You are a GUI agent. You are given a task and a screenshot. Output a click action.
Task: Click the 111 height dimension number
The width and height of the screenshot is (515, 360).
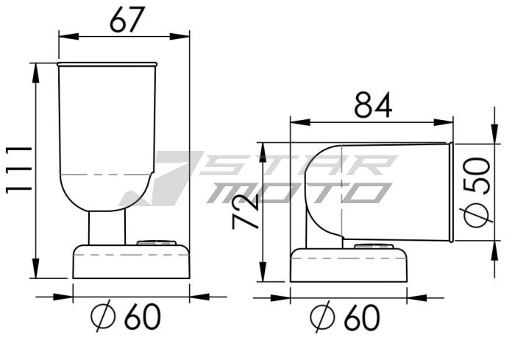18,169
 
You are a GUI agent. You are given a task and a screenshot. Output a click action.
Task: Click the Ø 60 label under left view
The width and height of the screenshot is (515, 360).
124,317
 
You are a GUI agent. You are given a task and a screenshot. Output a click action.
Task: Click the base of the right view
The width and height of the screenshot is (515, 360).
349,265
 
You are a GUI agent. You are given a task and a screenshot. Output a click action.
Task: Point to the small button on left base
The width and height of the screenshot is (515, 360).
158,241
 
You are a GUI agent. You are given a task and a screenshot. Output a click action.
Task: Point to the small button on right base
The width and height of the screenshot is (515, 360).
374,245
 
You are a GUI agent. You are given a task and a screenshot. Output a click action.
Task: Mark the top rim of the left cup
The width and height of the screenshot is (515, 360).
107,64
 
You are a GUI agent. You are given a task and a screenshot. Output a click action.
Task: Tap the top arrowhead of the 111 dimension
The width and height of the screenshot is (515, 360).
35,68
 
